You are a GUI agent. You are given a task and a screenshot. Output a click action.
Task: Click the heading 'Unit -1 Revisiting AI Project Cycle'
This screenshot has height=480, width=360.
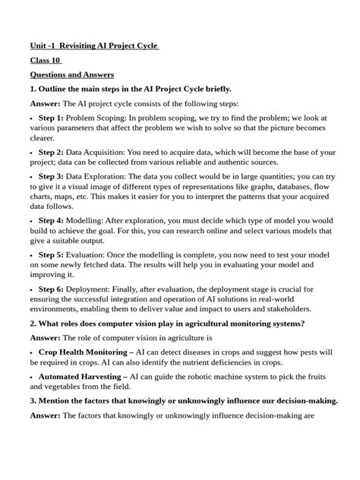click(95, 46)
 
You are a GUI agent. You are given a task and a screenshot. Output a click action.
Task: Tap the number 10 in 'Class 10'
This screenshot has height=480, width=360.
click(55, 61)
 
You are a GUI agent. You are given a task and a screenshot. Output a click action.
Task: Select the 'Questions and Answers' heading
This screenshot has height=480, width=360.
click(71, 75)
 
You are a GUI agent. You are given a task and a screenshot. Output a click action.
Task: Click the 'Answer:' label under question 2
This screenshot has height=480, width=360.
click(45, 339)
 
